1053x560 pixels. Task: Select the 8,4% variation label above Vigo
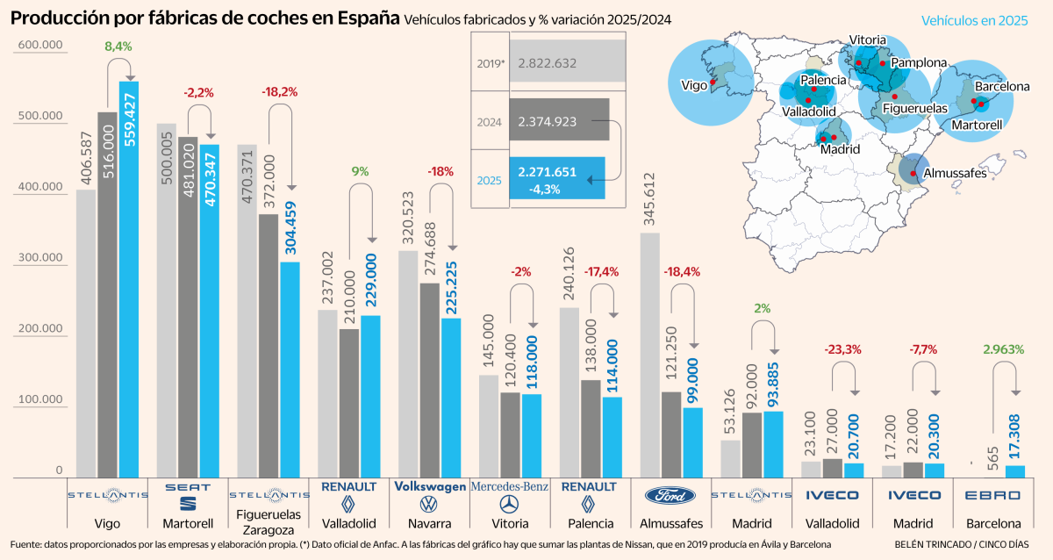119,46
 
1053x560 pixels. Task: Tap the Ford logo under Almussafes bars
670,496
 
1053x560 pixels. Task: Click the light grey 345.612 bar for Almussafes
649,355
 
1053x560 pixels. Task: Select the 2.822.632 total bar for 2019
568,63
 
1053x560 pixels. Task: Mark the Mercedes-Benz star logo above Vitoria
510,504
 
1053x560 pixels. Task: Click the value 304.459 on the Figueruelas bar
290,224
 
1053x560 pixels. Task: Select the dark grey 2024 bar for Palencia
591,428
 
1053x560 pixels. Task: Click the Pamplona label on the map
919,62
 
